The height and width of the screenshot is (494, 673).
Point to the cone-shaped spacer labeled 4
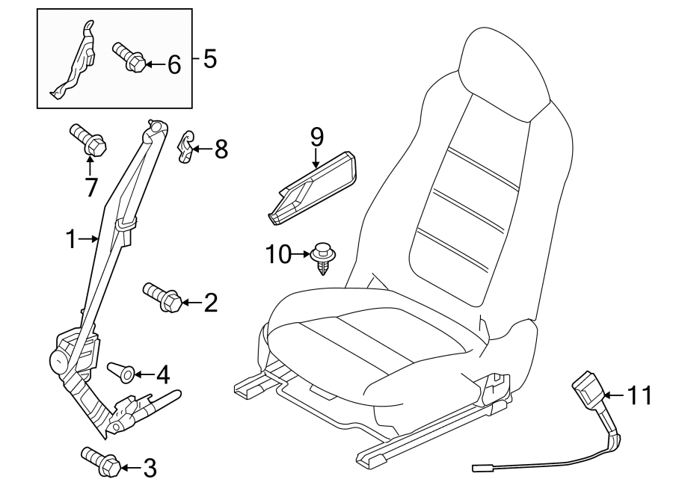(121, 371)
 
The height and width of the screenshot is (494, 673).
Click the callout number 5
(209, 58)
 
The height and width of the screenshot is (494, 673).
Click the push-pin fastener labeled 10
(323, 258)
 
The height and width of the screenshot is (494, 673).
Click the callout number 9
(316, 137)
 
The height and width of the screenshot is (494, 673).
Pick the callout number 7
(90, 187)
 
